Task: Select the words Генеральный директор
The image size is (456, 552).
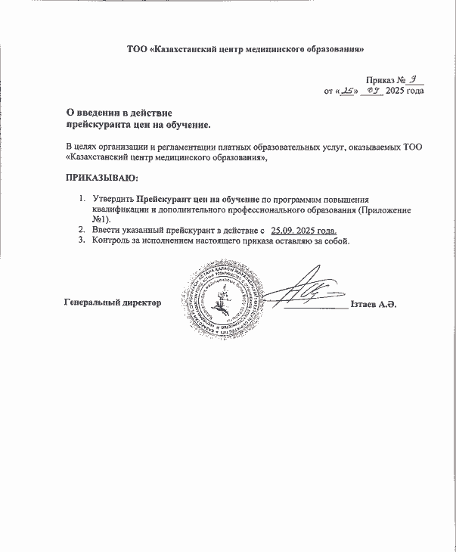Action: click(113, 303)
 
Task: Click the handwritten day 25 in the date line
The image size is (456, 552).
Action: click(348, 91)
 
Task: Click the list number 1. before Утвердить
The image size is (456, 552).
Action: click(82, 198)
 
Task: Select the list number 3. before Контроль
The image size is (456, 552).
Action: click(82, 240)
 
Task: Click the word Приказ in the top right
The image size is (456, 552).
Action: click(381, 79)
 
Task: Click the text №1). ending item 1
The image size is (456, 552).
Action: click(102, 219)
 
